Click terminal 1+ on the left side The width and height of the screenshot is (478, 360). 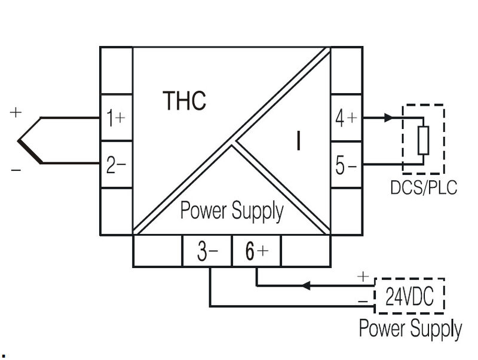tap(115, 118)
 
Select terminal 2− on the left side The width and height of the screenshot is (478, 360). tap(115, 164)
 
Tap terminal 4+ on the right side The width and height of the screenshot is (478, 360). tap(346, 118)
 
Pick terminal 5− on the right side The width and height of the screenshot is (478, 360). tap(346, 165)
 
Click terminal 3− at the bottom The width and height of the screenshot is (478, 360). tap(206, 251)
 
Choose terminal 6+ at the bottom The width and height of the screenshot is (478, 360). tap(256, 251)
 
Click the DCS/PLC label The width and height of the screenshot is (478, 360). tap(423, 187)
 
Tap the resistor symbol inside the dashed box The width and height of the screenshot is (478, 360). tap(423, 141)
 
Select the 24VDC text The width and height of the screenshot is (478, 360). tap(410, 295)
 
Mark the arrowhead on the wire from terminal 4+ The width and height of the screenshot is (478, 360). tap(389, 118)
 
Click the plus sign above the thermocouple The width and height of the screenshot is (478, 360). tap(16, 112)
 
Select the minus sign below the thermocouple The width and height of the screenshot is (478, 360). tap(16, 171)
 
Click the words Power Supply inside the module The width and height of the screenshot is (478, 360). tap(231, 211)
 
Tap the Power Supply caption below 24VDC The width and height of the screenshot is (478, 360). tap(410, 328)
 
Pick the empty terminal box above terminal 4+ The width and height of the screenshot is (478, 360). tap(346, 70)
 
